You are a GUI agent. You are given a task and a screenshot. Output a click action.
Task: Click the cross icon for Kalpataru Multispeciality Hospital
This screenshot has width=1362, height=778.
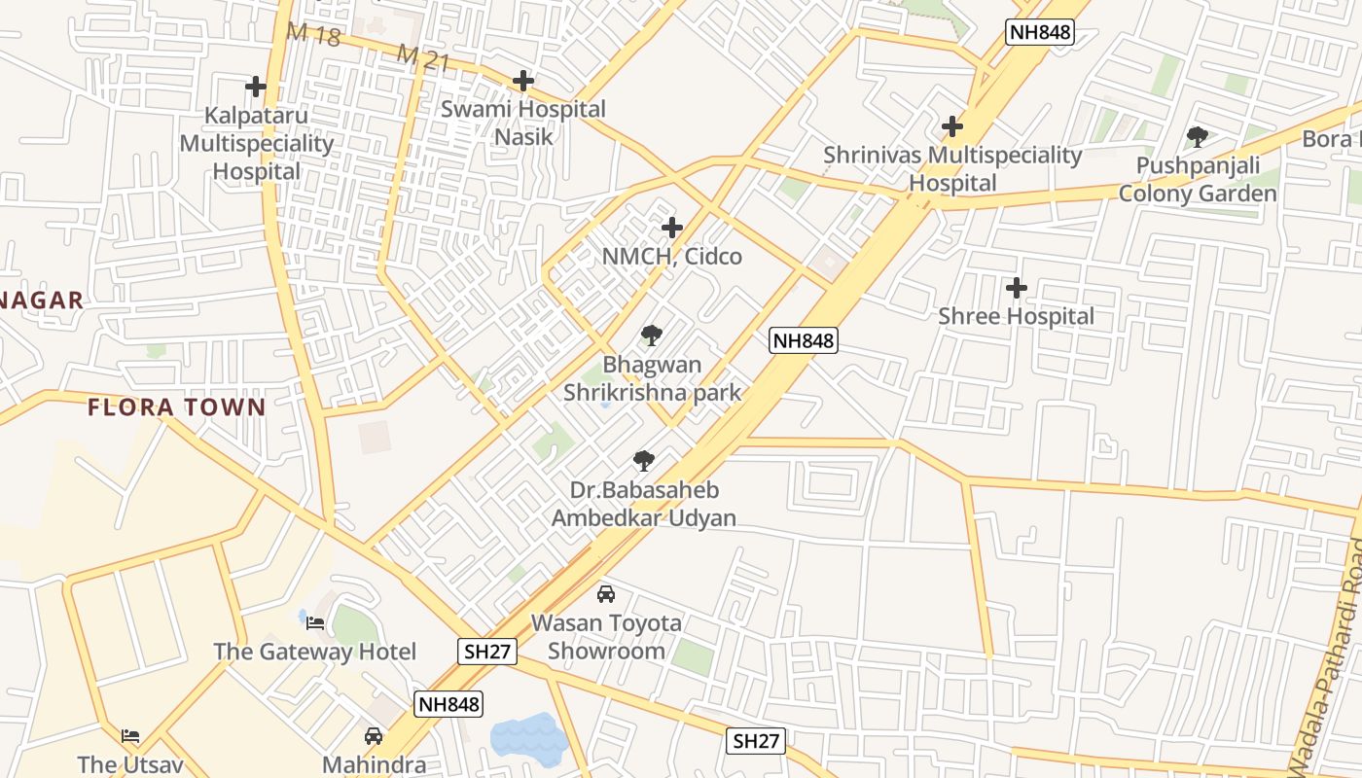pos(256,87)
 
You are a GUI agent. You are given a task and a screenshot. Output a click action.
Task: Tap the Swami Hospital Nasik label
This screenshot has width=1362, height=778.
pos(523,123)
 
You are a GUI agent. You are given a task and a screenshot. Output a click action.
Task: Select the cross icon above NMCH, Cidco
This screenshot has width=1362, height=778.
pos(672,228)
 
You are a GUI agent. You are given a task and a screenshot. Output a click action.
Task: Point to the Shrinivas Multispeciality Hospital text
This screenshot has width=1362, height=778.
pos(952,168)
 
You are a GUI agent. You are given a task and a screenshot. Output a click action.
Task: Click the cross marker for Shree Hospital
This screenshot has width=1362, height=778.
pos(1017,288)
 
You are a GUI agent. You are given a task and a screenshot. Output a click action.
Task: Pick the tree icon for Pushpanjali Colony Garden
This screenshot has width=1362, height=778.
pos(1198,137)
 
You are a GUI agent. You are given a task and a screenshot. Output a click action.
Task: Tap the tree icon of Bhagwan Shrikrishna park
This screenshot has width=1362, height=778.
pos(652,336)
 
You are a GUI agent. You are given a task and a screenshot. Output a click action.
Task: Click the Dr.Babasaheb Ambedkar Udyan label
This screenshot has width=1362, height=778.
pos(644,504)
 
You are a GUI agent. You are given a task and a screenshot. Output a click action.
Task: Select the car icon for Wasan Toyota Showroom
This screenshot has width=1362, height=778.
pos(606,593)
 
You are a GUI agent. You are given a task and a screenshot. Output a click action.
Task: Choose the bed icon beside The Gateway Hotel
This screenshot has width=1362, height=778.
pos(315,622)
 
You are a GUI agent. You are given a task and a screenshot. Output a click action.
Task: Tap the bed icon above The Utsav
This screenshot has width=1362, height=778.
pos(130,735)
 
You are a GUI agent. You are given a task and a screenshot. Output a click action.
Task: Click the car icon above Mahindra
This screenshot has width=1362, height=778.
pos(374,735)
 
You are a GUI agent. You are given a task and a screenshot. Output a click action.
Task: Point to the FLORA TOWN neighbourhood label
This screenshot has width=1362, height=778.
pos(177,407)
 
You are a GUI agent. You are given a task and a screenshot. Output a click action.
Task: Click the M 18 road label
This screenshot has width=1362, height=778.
pos(313,35)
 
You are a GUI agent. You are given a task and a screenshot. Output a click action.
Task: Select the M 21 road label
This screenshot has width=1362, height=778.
pos(423,58)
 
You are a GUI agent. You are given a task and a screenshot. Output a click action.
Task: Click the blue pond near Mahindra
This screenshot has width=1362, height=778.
pos(528,738)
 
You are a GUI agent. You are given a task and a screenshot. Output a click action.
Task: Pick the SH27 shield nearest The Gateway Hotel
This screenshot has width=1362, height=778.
pos(488,652)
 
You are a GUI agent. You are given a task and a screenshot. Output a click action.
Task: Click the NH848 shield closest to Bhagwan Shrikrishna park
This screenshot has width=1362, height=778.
pos(803,340)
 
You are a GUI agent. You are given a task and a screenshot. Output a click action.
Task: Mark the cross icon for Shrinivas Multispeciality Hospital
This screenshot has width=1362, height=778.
pos(952,126)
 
